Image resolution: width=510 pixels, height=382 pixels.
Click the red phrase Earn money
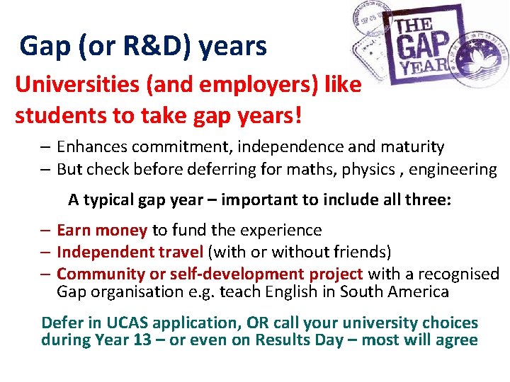(x=102, y=230)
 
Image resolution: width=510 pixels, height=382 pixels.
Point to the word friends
(x=365, y=252)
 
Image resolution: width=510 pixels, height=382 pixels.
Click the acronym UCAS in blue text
(x=127, y=323)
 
